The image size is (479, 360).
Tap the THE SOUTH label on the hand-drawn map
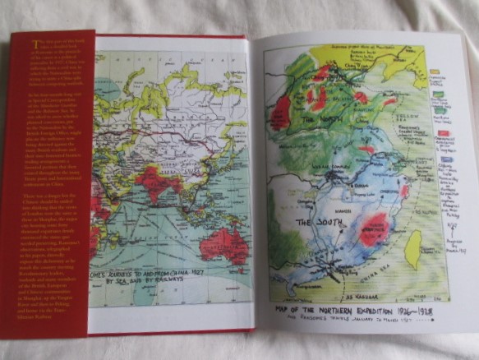[315, 222]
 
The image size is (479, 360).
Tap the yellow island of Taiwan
[413, 248]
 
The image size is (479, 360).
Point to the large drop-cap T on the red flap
[36, 43]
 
